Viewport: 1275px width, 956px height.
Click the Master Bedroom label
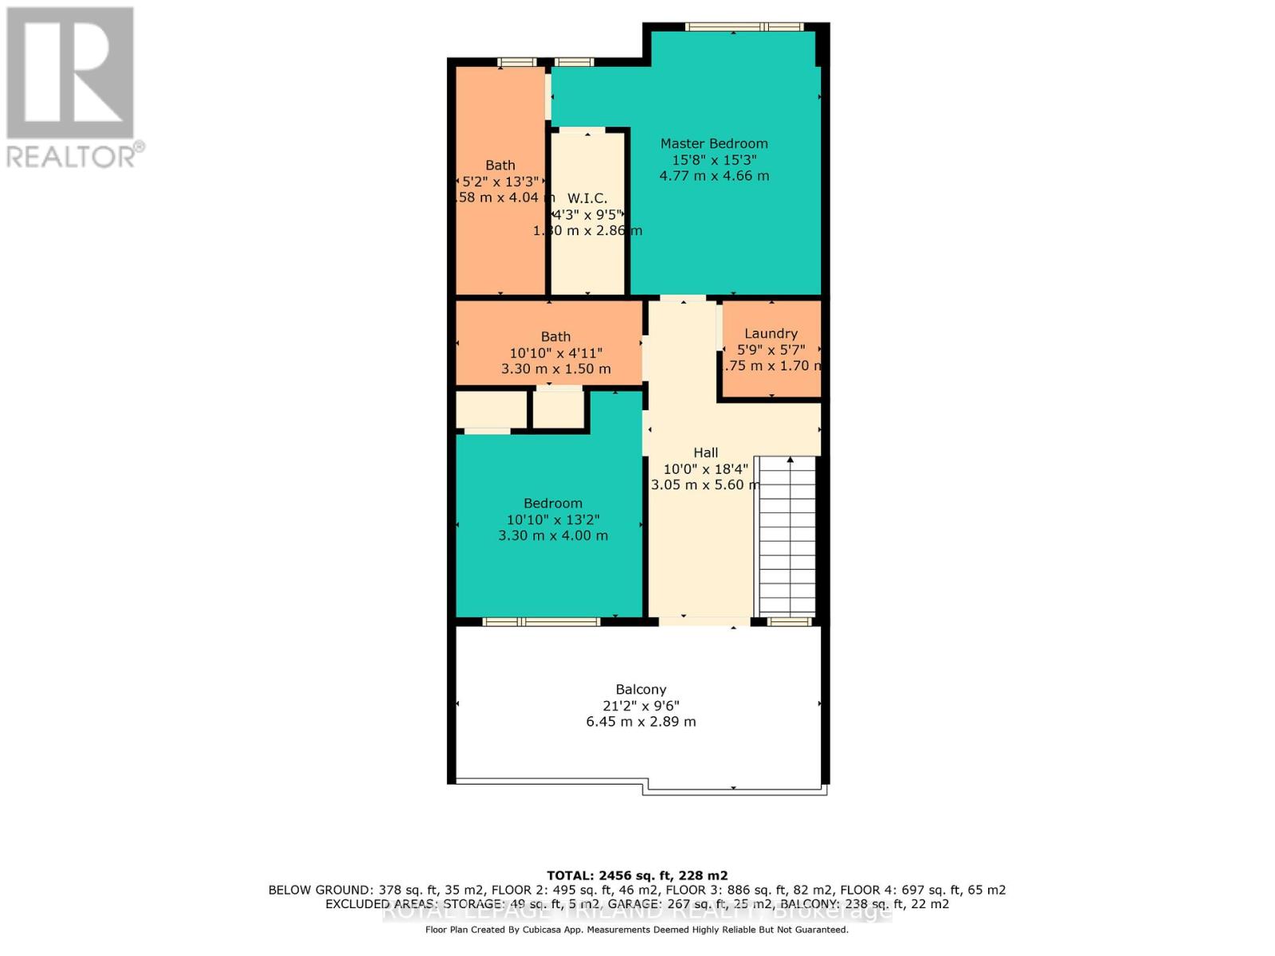pos(714,143)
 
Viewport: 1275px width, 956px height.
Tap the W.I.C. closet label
pos(587,198)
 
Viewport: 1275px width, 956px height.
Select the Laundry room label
pos(771,334)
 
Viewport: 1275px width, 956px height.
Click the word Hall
pos(705,453)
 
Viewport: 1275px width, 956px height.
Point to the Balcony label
pos(641,690)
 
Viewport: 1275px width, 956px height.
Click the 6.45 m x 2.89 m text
pos(641,722)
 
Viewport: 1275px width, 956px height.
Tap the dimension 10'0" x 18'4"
pos(705,469)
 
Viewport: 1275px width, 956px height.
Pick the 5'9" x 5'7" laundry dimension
pos(771,350)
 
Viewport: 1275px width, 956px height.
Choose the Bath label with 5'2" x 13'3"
pos(500,165)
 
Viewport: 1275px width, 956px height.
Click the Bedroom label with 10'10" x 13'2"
pos(552,503)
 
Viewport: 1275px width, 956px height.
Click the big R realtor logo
pos(70,73)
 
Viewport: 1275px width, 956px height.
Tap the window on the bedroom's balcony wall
pos(541,621)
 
